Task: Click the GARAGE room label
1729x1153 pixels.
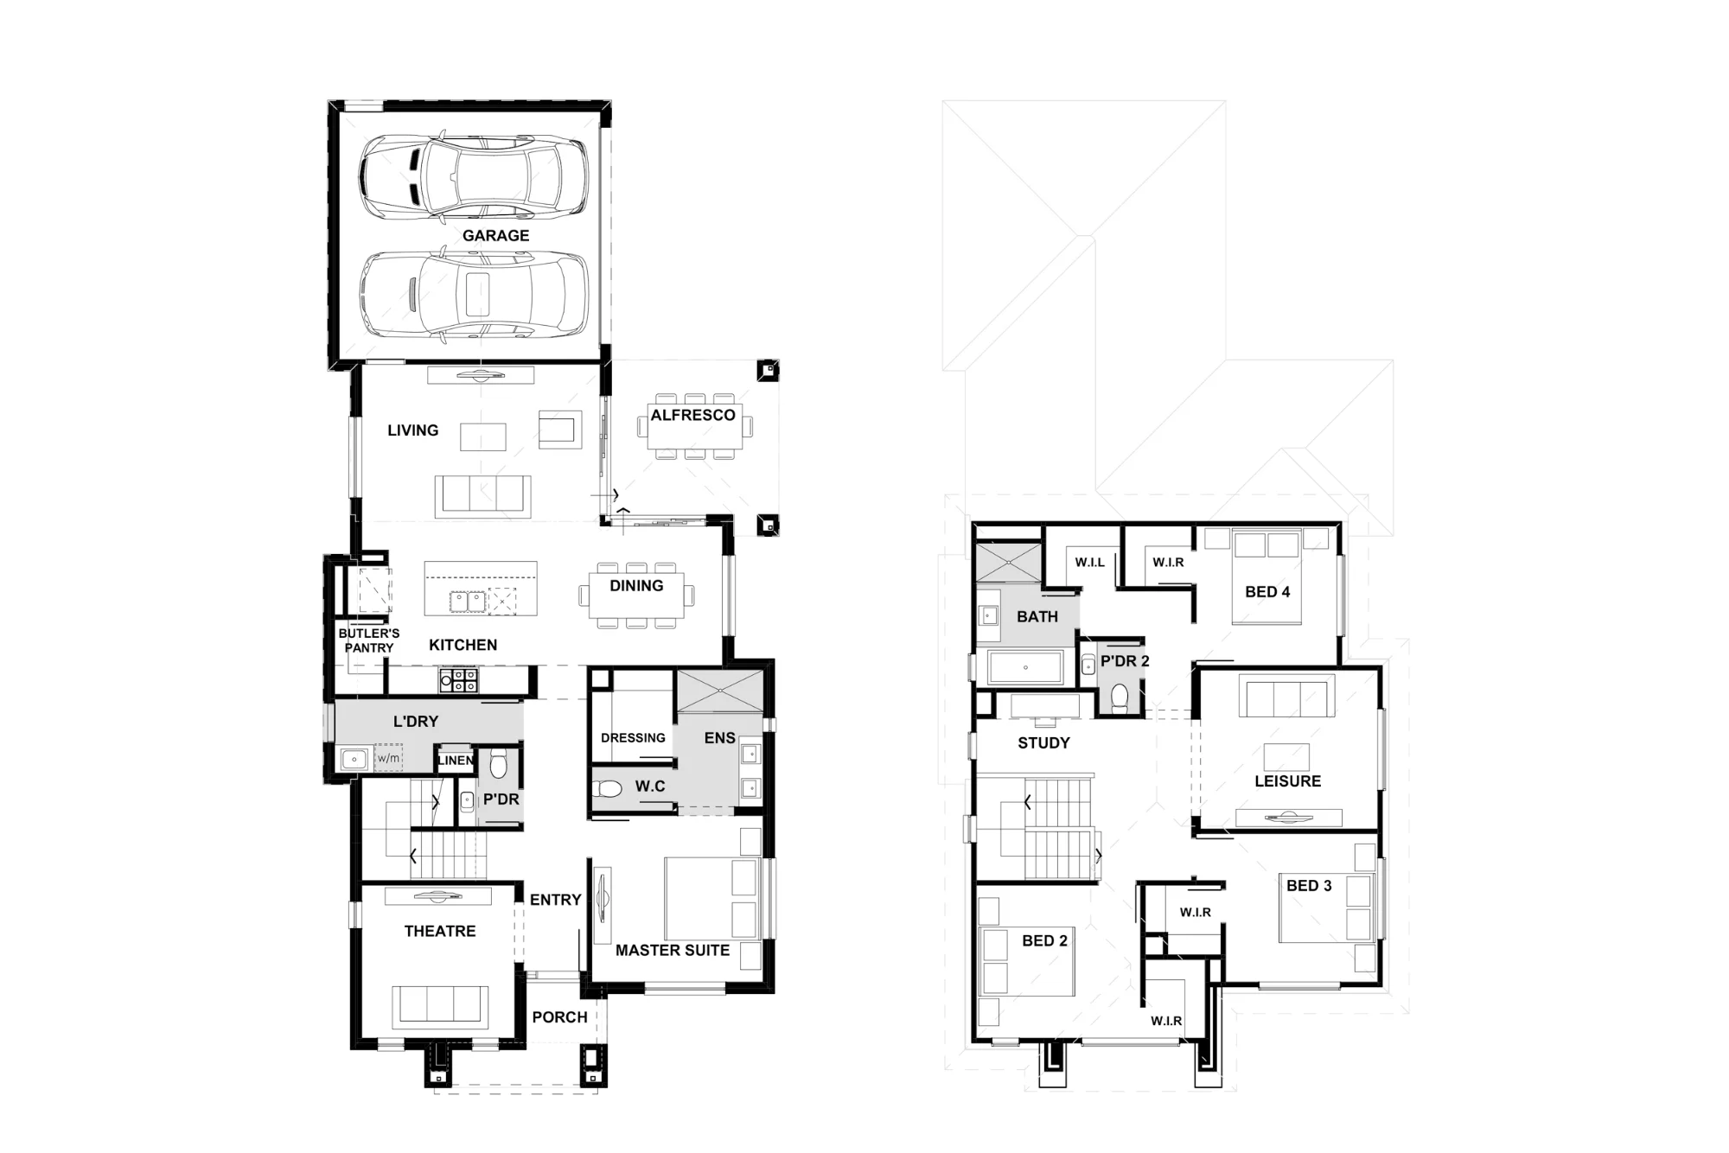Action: (x=495, y=235)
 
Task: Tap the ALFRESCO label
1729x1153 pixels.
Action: (x=692, y=415)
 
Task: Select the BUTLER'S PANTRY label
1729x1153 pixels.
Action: (x=369, y=640)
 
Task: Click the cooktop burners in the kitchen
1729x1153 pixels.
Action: (x=458, y=679)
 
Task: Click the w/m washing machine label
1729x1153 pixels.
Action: (x=389, y=759)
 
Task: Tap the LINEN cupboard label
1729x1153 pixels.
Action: (x=456, y=761)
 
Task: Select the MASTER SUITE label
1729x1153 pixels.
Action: (x=673, y=950)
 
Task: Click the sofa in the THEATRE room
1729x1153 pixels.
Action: (x=439, y=1006)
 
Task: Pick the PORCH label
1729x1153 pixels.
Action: (x=559, y=1017)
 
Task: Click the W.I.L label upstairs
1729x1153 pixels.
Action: (x=1089, y=562)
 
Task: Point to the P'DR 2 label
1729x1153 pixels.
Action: (x=1125, y=661)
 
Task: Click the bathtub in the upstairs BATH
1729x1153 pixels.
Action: (x=1025, y=667)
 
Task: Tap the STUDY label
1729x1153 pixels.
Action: (x=1043, y=742)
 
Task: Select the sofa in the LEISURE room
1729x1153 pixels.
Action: (x=1287, y=696)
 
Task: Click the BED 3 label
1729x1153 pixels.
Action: (x=1309, y=885)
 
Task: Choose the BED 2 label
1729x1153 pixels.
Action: (x=1044, y=940)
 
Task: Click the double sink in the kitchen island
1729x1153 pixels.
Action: (x=467, y=602)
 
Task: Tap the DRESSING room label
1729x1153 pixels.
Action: (x=633, y=738)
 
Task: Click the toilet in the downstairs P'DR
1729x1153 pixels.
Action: (x=499, y=765)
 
